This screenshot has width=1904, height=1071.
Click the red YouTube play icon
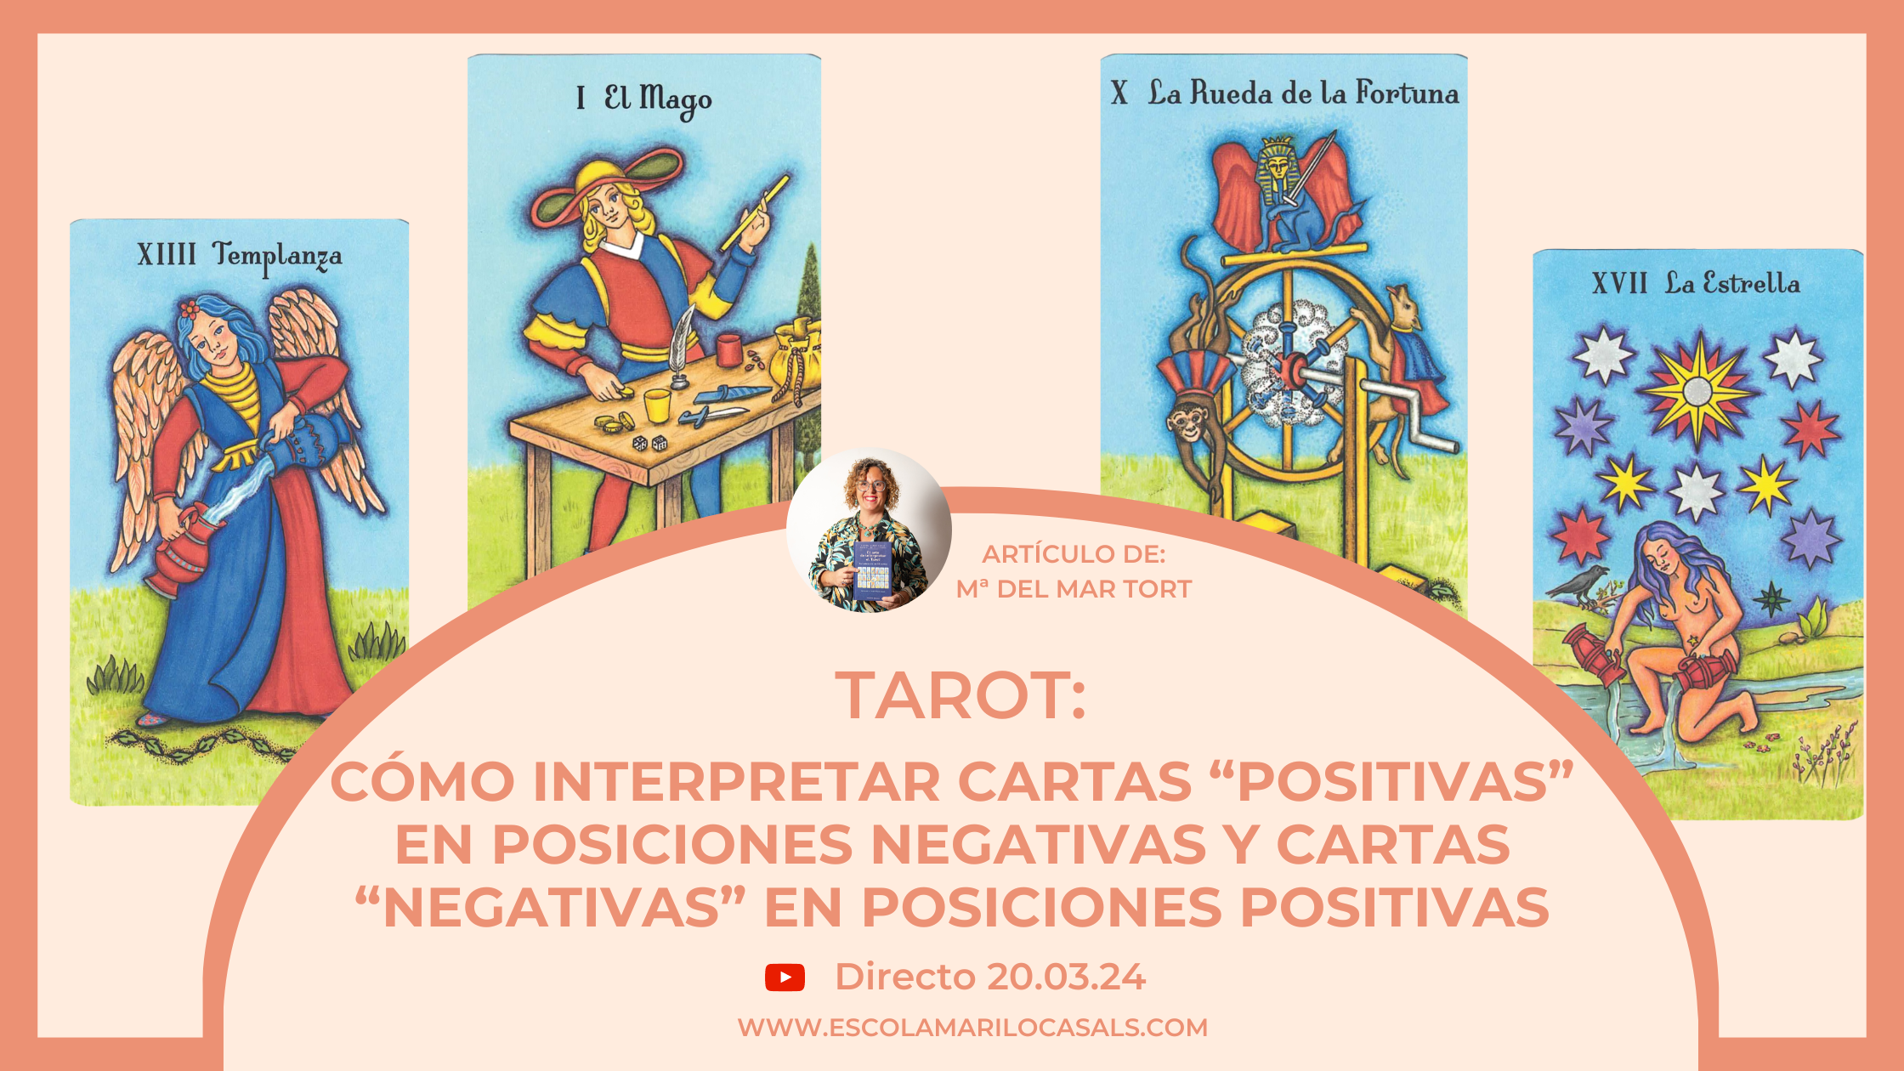point(785,977)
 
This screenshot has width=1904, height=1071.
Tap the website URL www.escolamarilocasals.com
point(972,1028)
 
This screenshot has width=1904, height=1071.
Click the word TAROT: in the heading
point(960,696)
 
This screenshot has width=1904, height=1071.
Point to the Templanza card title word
point(277,255)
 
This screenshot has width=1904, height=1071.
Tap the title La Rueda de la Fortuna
point(1303,93)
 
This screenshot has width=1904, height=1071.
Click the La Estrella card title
point(1731,283)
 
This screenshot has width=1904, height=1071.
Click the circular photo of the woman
point(869,530)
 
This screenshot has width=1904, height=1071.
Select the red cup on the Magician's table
point(729,348)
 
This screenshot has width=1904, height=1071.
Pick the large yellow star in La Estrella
point(1697,390)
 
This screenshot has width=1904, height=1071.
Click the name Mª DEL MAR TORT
point(1074,589)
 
